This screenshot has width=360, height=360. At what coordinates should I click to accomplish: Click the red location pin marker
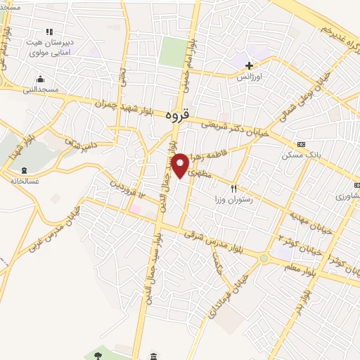click(x=181, y=165)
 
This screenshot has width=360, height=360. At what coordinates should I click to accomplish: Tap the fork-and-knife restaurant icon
click(x=234, y=188)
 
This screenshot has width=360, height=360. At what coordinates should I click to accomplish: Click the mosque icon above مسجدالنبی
click(x=40, y=78)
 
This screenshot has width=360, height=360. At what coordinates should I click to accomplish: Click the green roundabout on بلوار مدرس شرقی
click(x=264, y=258)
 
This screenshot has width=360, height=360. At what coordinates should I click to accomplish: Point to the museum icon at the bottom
click(x=154, y=356)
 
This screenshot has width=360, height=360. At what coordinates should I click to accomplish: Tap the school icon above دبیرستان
click(x=49, y=32)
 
